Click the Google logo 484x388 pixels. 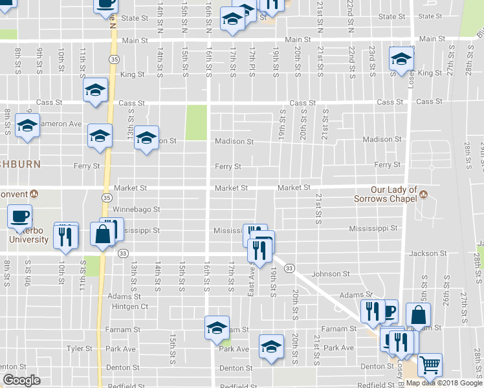(22, 380)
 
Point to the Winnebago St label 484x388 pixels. (136, 210)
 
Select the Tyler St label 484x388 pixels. (80, 349)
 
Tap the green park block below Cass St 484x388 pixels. (196, 122)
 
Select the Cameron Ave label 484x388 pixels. (62, 124)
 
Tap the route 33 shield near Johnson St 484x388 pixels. (289, 268)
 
